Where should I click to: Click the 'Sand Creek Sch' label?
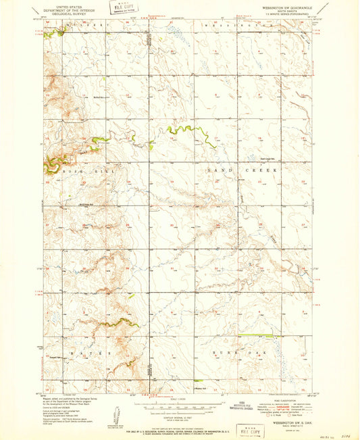270,160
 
